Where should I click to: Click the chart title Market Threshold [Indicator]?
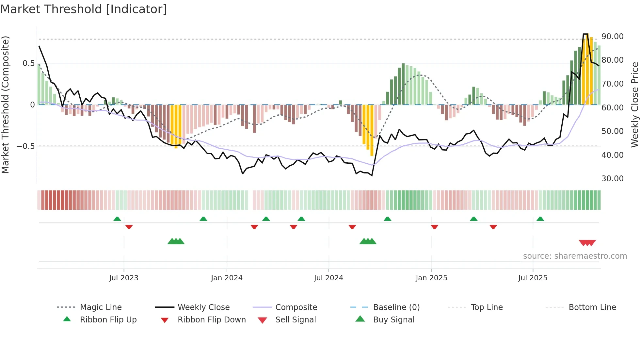84,9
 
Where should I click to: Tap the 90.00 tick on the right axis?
612,37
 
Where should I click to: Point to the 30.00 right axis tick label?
612,179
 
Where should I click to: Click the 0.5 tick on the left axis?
28,63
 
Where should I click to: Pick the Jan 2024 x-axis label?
227,278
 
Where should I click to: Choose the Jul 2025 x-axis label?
533,278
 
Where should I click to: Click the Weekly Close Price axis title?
634,105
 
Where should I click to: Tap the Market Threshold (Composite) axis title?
5,105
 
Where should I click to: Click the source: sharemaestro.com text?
575,256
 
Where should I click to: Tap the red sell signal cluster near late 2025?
587,243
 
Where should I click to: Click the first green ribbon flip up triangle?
117,219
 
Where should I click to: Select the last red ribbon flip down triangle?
493,227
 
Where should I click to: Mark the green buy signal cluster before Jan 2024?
176,241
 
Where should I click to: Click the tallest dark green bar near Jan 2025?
403,84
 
